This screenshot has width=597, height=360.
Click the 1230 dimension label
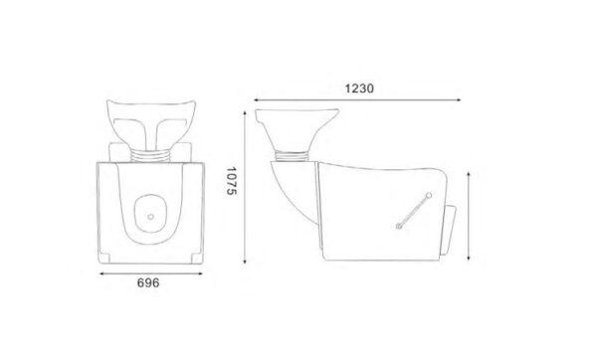(x=359, y=89)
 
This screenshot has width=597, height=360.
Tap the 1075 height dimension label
(x=232, y=181)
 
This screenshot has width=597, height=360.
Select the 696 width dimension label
(x=148, y=282)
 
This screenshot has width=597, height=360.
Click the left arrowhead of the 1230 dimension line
(x=257, y=100)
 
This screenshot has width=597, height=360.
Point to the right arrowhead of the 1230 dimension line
(x=459, y=100)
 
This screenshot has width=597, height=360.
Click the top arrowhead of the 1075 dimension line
(x=245, y=113)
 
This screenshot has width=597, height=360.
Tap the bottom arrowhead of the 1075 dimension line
(x=245, y=262)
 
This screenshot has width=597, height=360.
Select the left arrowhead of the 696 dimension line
(x=101, y=273)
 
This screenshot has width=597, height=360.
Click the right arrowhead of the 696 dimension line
(x=200, y=273)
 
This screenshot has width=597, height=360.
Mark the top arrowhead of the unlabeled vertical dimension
(x=469, y=175)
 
